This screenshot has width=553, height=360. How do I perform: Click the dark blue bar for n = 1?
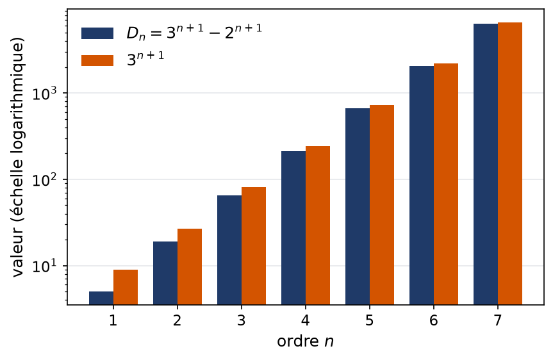tap(101, 298)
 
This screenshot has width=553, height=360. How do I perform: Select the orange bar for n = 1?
tap(126, 287)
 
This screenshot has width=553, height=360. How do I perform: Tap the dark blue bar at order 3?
tap(229, 250)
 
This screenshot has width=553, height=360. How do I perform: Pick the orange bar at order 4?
tap(318, 225)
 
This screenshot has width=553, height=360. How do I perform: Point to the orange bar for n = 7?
tap(510, 163)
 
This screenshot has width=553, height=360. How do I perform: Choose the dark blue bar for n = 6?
tap(422, 185)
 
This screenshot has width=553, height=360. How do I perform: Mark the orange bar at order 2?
tap(190, 266)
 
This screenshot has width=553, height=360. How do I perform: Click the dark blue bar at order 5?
tap(358, 206)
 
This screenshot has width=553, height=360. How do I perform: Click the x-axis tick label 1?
tap(113, 320)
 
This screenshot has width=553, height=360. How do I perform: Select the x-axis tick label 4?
tap(306, 320)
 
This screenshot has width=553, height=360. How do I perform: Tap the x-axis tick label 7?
tap(498, 320)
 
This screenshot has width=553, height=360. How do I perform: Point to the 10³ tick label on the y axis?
tap(44, 93)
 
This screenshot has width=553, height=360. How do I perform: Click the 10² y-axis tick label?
tap(44, 179)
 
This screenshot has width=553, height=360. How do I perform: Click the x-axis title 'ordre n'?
tap(306, 341)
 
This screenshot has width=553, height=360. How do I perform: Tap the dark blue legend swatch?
tap(97, 33)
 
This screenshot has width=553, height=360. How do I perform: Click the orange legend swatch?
tap(97, 60)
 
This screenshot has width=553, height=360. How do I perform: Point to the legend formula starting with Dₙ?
tap(194, 32)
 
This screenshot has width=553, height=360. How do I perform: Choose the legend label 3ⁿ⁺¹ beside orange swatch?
tap(145, 59)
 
